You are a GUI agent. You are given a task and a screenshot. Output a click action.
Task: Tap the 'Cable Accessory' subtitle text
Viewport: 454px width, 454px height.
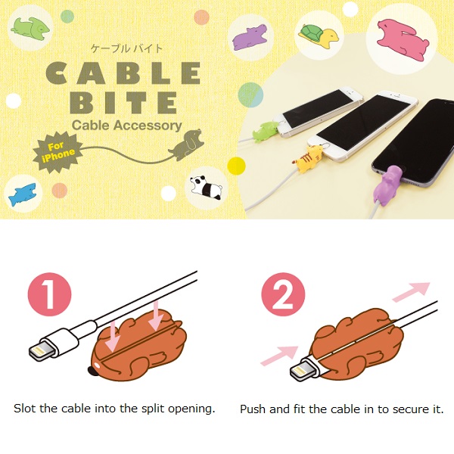pos(126,126)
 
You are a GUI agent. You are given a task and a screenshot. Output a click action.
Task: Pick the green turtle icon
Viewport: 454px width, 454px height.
pos(316,35)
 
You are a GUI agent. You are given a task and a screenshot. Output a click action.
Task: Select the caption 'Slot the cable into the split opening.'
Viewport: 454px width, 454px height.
pos(114,409)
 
